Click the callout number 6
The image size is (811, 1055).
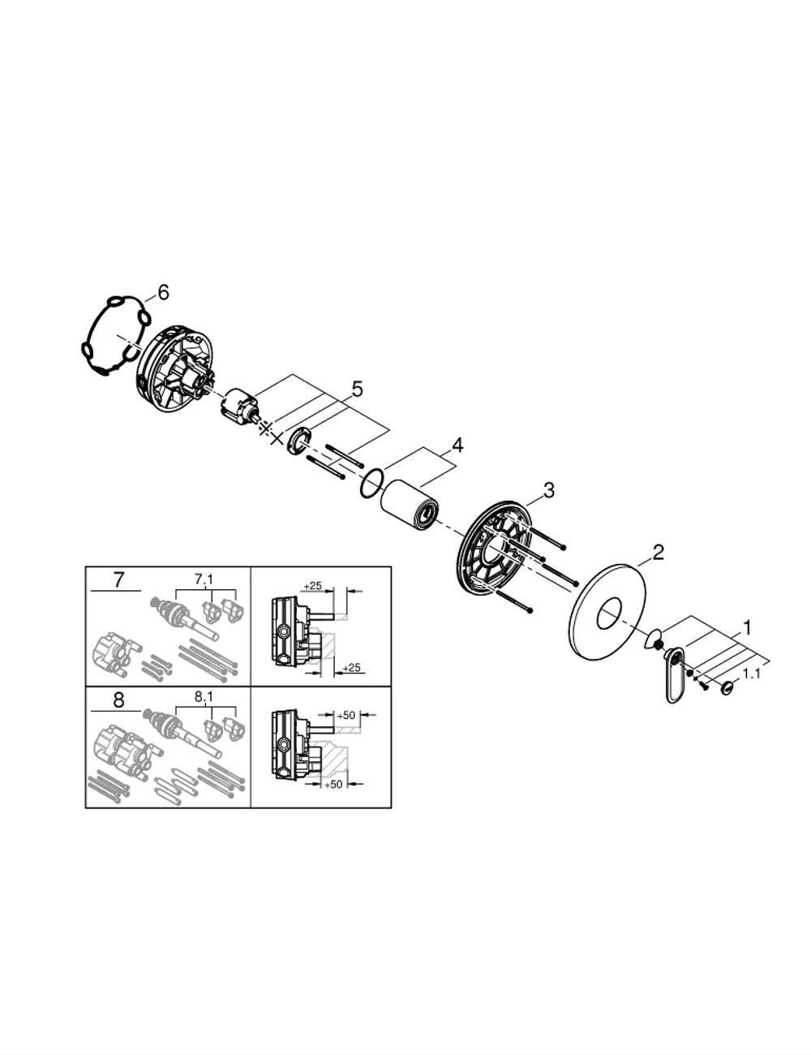(163, 292)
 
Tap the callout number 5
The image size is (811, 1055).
(357, 390)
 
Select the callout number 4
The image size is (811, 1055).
(457, 446)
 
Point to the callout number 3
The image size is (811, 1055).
(548, 490)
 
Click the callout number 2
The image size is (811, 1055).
(658, 553)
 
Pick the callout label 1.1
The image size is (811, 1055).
(751, 674)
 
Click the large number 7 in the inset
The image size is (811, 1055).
(119, 579)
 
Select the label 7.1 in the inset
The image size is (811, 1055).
(204, 579)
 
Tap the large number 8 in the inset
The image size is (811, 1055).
(118, 700)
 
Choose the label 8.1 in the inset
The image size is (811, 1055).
(204, 697)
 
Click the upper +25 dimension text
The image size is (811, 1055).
(312, 585)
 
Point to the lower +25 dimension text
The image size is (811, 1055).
(351, 668)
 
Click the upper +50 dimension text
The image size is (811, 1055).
(345, 715)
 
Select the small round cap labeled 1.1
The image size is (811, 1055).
(727, 687)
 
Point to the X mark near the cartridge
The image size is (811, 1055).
(277, 438)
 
